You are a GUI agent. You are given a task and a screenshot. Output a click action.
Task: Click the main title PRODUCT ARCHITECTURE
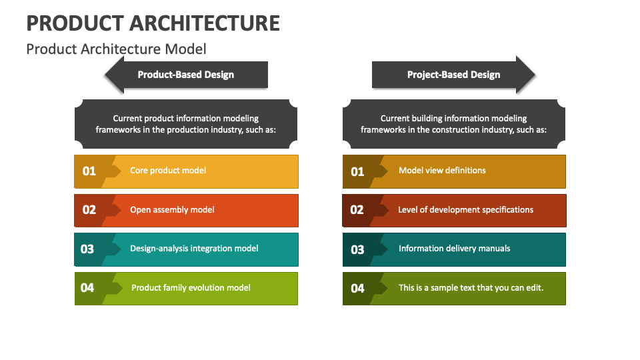point(153,23)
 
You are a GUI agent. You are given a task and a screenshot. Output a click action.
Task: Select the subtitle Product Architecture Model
point(116,49)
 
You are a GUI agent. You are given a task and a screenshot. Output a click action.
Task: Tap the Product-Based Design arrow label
point(185,75)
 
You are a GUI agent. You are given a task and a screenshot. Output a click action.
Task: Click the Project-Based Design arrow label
point(453,75)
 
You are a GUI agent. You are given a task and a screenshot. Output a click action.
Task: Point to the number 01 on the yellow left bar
point(89,171)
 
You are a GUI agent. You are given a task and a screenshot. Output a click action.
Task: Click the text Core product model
point(168,171)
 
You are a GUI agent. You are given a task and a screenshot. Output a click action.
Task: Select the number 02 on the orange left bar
point(89,210)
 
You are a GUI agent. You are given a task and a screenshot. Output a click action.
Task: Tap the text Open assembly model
point(172,210)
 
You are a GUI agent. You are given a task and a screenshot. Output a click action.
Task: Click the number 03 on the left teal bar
point(87,249)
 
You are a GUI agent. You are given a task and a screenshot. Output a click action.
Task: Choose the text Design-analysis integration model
point(194,249)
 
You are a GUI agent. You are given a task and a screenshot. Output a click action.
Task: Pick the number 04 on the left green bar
point(87,288)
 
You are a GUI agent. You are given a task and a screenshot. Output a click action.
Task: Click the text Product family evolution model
point(191,288)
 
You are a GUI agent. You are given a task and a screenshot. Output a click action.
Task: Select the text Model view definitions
point(442,171)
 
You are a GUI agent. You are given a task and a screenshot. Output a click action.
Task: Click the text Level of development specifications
point(465,210)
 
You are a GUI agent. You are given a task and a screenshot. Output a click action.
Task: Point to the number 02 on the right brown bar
point(357,210)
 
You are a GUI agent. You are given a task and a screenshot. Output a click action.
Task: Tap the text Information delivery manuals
point(454,249)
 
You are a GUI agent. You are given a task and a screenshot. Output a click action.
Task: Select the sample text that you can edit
point(471,288)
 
